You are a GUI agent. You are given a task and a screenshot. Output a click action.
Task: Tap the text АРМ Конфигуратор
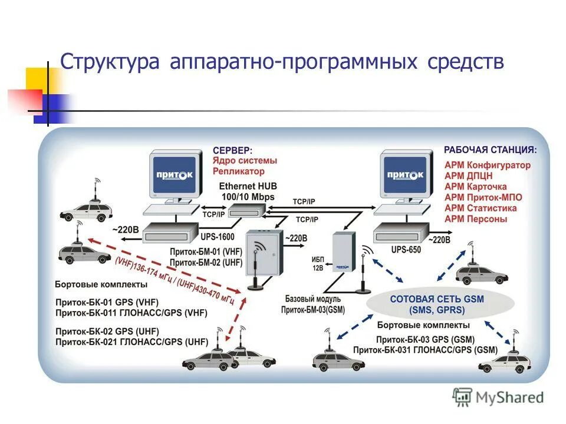point(488,165)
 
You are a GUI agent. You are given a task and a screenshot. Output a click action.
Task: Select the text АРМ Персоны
point(476,219)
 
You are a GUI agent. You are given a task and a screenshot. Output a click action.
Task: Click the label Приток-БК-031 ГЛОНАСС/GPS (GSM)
point(425,350)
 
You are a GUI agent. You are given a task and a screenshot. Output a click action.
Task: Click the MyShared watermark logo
point(498,397)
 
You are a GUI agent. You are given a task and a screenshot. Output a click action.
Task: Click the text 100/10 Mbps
point(248,196)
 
